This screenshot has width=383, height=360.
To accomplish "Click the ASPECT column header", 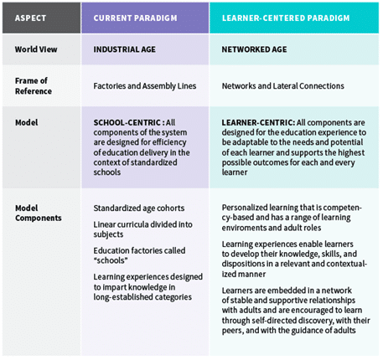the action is click(x=30, y=18).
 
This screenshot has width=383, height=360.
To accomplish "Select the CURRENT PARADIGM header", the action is click(x=135, y=18).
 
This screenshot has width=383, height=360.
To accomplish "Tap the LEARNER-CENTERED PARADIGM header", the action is click(x=286, y=18).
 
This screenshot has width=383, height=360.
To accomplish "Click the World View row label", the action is click(x=36, y=49).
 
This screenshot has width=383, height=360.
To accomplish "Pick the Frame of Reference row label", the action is click(x=34, y=86).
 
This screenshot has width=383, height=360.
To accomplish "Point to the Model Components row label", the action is click(x=39, y=213).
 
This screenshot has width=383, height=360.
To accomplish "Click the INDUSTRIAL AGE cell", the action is click(x=125, y=49).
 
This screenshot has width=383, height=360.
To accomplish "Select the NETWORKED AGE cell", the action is click(x=254, y=49).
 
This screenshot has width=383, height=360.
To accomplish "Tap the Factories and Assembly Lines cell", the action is click(x=145, y=86).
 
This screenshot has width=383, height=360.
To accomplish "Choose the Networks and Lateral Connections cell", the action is click(x=283, y=86).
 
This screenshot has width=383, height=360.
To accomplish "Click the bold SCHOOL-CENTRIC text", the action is click(x=127, y=122).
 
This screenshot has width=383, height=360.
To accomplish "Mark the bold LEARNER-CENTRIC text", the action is click(x=257, y=122).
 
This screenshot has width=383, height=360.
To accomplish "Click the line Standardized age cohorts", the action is click(x=139, y=208).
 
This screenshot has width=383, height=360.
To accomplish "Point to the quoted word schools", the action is click(x=111, y=260).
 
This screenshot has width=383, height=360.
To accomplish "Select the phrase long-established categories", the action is click(x=142, y=297).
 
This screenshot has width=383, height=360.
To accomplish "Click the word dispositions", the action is click(x=240, y=264).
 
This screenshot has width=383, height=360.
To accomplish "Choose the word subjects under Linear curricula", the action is click(x=108, y=234).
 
